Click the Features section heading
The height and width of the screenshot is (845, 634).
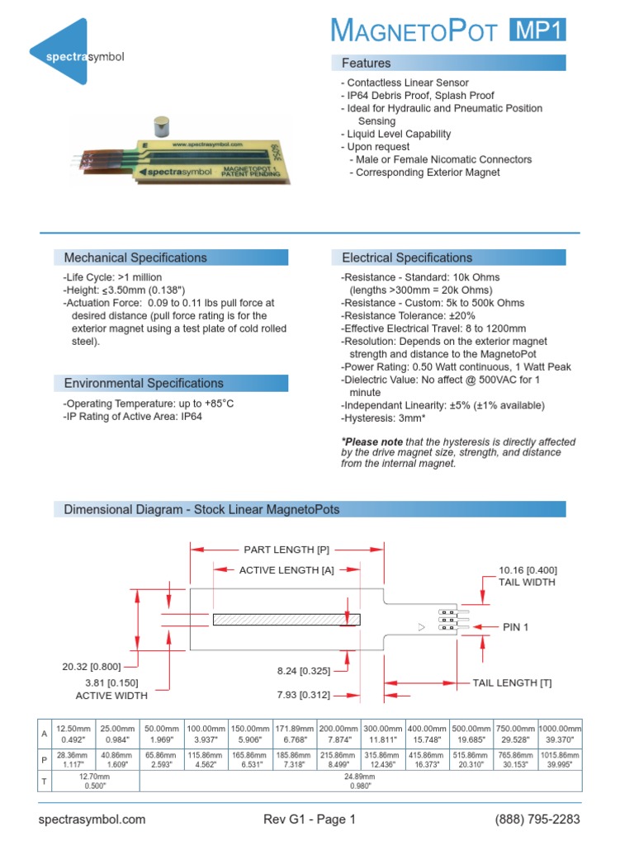(367, 63)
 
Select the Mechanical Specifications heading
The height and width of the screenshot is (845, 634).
(135, 257)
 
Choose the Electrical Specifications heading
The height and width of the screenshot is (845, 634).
(407, 257)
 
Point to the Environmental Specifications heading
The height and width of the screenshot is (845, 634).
(144, 383)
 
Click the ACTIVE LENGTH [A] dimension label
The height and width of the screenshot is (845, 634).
(286, 570)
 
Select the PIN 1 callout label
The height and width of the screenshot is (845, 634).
(515, 627)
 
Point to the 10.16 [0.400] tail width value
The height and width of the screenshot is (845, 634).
(528, 570)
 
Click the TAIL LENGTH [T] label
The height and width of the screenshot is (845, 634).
(512, 682)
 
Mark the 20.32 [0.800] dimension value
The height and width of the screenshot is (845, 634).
(91, 667)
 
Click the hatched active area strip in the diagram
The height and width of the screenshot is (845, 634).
(281, 619)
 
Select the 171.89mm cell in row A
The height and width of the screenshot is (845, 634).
(293, 729)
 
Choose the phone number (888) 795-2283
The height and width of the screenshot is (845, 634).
(537, 819)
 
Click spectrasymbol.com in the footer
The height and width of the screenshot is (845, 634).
(92, 819)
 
